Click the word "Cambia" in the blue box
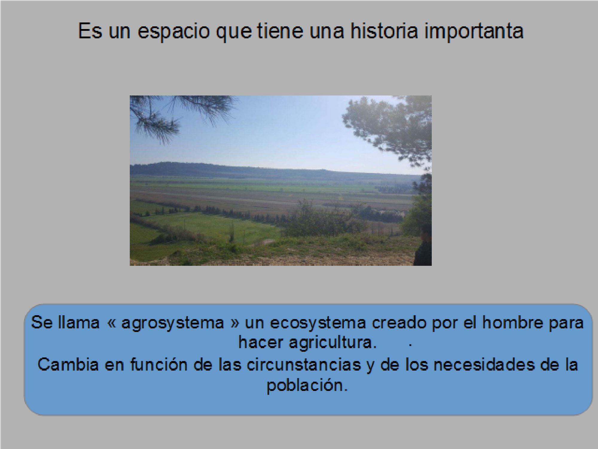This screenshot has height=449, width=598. pyautogui.click(x=68, y=365)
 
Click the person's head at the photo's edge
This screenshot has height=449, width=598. pyautogui.click(x=426, y=233)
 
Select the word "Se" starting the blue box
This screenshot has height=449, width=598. pyautogui.click(x=42, y=322)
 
